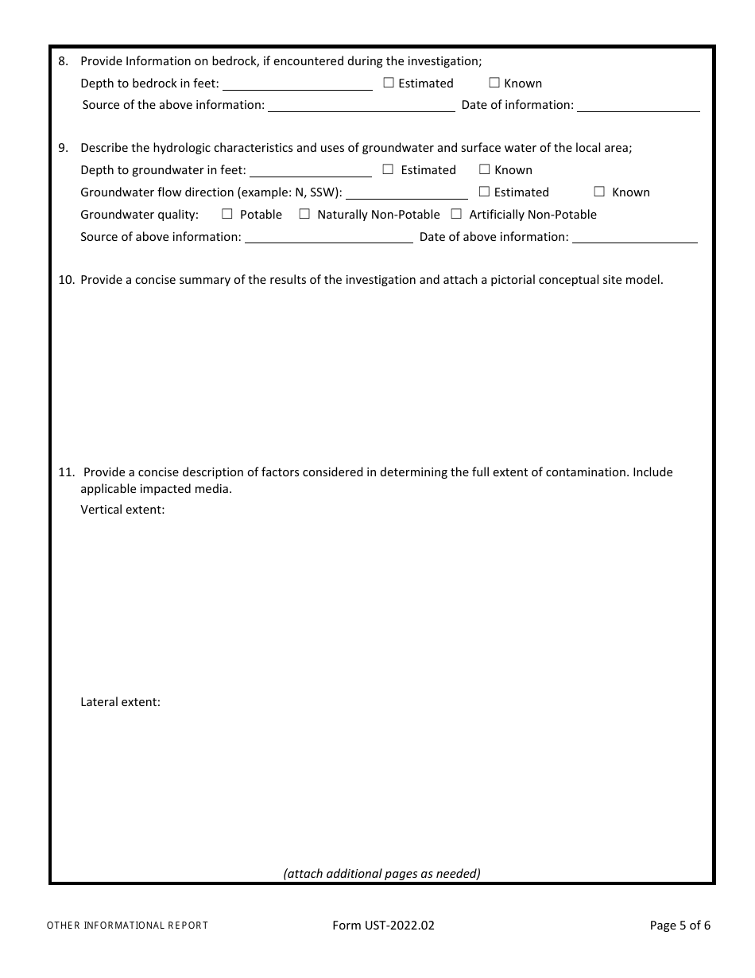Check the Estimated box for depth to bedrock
(389, 83)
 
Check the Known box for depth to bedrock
(494, 83)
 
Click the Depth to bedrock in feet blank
(297, 83)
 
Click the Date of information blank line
(637, 105)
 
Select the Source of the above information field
(361, 105)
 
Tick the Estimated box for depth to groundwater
(388, 169)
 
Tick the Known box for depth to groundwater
(484, 169)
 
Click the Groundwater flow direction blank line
(406, 192)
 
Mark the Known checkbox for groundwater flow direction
(599, 192)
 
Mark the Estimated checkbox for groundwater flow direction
(484, 192)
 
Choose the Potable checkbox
(227, 214)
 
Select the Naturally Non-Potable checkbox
(304, 214)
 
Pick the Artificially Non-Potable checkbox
(456, 214)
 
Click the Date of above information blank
(634, 237)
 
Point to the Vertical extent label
(122, 510)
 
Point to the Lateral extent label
(120, 702)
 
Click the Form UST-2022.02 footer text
(383, 925)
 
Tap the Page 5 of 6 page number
(679, 925)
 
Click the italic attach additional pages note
(381, 873)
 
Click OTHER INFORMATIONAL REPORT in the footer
(127, 926)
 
